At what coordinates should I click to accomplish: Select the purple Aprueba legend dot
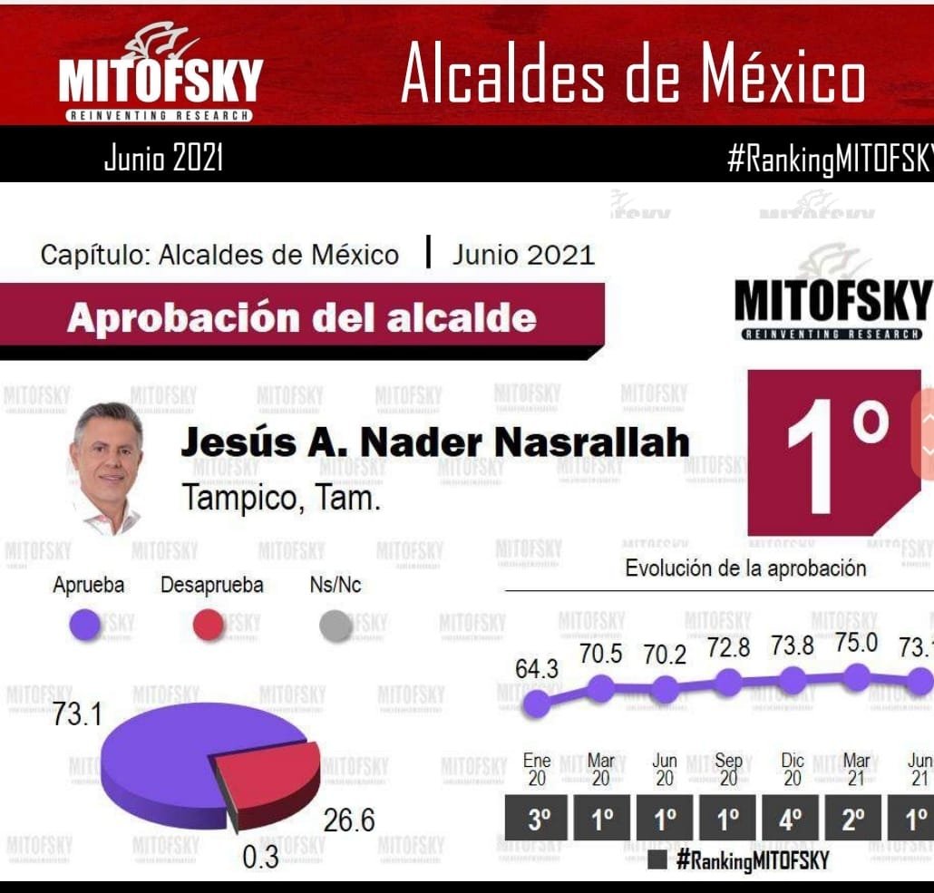coord(87,626)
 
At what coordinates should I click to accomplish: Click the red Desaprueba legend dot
coord(209,626)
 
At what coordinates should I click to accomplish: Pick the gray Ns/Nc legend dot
coord(336,626)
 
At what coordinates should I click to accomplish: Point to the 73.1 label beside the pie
coord(76,714)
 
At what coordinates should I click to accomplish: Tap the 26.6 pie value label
coord(349,821)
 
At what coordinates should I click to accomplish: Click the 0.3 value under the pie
coord(260,857)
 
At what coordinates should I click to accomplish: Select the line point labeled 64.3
coord(537,703)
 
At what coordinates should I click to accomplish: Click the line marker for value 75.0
coord(855,676)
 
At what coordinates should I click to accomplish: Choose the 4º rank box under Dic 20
coord(792,821)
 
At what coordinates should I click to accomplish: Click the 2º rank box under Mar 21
coord(854,821)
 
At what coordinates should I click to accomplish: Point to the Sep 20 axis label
coord(728,770)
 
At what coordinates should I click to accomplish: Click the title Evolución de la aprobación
coord(745,568)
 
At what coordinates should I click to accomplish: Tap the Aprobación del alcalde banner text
coord(301,318)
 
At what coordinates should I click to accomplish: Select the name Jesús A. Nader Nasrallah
coord(435,442)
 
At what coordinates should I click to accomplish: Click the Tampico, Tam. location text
coord(281,497)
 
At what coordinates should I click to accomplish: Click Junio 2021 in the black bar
coord(163,159)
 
